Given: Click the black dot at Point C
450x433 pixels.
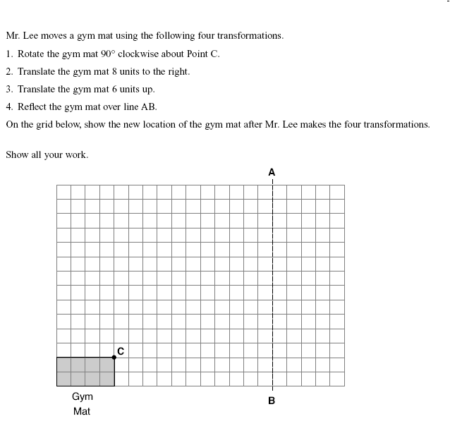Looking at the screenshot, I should click(x=114, y=358).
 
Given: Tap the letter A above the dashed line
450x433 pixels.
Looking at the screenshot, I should click(x=272, y=171).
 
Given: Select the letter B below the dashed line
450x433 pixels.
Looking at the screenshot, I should click(x=272, y=401).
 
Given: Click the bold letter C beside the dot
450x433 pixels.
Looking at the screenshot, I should click(x=121, y=350).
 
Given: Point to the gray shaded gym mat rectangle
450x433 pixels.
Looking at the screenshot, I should click(x=85, y=372).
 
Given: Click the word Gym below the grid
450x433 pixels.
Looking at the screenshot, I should click(x=82, y=397).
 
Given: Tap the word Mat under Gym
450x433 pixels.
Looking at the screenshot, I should click(x=82, y=411).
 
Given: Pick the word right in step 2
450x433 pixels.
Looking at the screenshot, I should click(x=176, y=71).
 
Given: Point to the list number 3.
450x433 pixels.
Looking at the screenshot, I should click(x=8, y=90).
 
